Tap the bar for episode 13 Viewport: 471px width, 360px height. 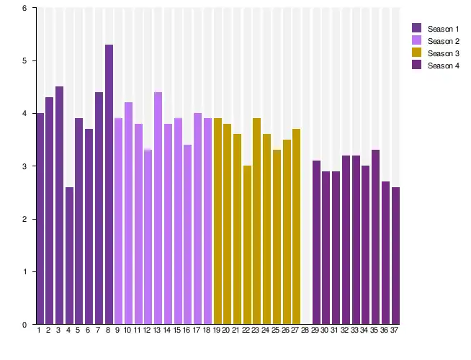158,208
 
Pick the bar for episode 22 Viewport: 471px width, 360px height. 247,245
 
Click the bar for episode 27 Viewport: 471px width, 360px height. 296,227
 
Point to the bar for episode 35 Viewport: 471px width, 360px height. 375,237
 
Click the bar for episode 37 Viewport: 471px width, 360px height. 395,256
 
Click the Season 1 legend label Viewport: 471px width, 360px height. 443,29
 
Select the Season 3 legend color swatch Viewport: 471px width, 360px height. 416,53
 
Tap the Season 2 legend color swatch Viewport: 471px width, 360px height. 416,40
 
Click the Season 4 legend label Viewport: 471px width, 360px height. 443,66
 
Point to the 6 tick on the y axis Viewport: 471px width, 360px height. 24,9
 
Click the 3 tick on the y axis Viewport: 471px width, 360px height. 24,166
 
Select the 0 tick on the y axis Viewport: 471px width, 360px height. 24,325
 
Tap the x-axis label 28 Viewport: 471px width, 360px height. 305,330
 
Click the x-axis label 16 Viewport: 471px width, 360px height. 187,330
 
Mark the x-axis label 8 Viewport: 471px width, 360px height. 108,330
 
